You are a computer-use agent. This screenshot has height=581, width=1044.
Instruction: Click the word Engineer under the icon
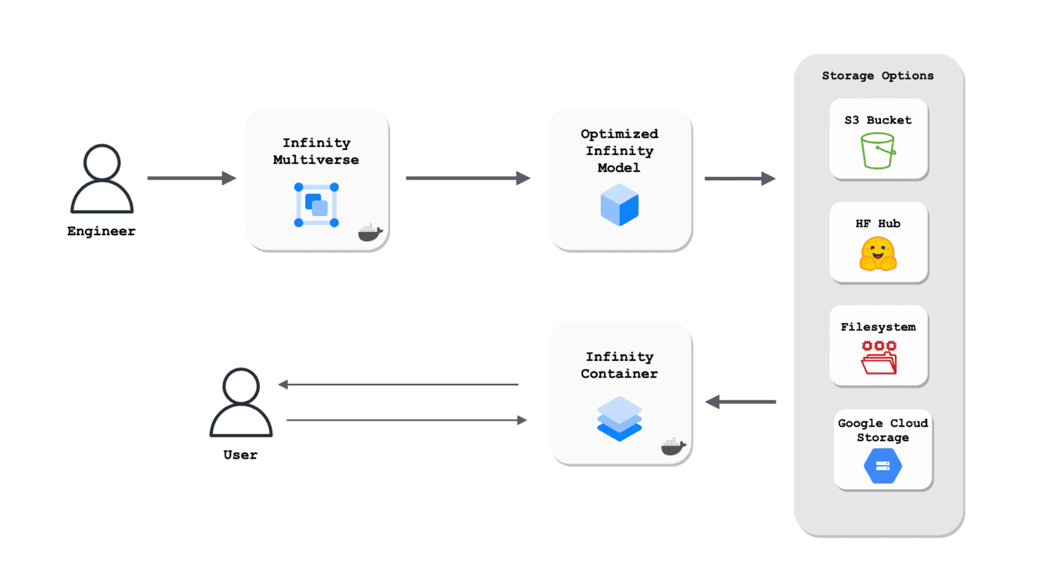click(x=101, y=231)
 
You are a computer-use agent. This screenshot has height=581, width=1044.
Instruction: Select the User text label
click(x=241, y=455)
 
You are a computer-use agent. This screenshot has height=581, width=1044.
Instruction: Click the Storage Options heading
click(x=877, y=76)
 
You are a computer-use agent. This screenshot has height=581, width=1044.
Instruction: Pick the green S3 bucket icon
click(x=877, y=150)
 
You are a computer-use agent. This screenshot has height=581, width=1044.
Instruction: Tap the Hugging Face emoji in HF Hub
click(x=878, y=254)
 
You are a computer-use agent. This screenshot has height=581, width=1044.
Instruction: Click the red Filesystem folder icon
click(x=879, y=358)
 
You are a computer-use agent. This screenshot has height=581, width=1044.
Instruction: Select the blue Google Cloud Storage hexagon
click(x=883, y=466)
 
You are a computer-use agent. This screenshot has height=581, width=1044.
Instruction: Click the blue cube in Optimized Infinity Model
click(x=619, y=205)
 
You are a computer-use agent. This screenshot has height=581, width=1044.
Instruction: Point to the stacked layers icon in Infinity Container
click(x=619, y=419)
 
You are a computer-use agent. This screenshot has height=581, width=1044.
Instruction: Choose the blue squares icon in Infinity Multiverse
click(x=317, y=205)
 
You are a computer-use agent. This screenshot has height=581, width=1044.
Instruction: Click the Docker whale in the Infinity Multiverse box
click(x=370, y=232)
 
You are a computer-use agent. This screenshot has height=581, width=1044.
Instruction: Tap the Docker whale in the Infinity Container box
click(x=673, y=446)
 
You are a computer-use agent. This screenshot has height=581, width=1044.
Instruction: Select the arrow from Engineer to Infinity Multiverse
click(x=192, y=178)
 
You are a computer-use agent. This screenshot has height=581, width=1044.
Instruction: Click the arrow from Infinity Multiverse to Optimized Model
click(x=468, y=178)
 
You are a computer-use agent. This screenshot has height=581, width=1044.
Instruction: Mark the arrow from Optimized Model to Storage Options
click(x=740, y=179)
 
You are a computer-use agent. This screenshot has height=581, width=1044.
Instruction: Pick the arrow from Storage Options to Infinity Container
click(x=741, y=402)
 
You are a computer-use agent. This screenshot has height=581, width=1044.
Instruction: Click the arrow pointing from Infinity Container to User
click(x=398, y=385)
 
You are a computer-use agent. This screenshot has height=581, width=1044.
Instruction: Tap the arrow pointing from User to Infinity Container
click(x=406, y=420)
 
